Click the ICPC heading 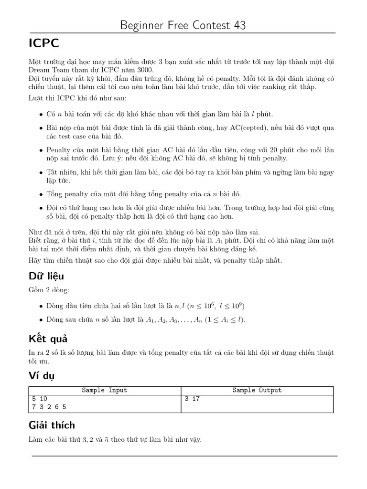click(x=43, y=43)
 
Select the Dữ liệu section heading click(x=46, y=276)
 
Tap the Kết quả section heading click(x=48, y=339)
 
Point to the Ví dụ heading click(x=42, y=375)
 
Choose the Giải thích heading click(x=52, y=425)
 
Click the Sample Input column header click(x=104, y=390)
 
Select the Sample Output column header click(x=257, y=390)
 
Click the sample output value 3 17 click(x=192, y=399)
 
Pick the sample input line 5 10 click(x=39, y=399)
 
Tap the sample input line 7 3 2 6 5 click(x=49, y=407)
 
